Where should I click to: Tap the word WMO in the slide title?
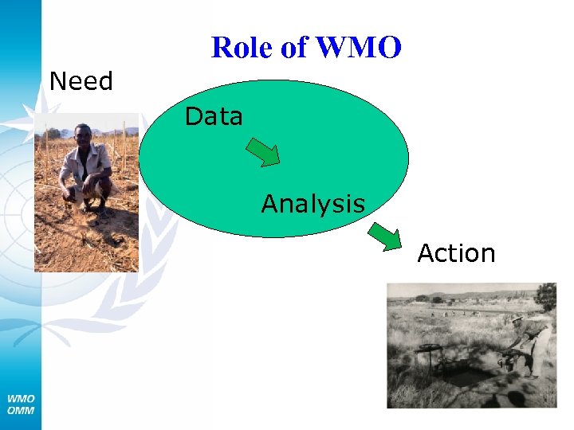(x=358, y=49)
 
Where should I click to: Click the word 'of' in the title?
(x=294, y=49)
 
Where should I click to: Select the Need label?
(x=81, y=81)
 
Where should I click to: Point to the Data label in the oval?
(x=214, y=117)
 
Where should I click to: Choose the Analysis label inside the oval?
(x=313, y=204)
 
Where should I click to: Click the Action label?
(x=456, y=253)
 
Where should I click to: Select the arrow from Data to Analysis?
(x=262, y=151)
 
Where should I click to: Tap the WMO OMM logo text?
(x=21, y=404)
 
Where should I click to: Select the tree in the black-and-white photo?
(x=546, y=296)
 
